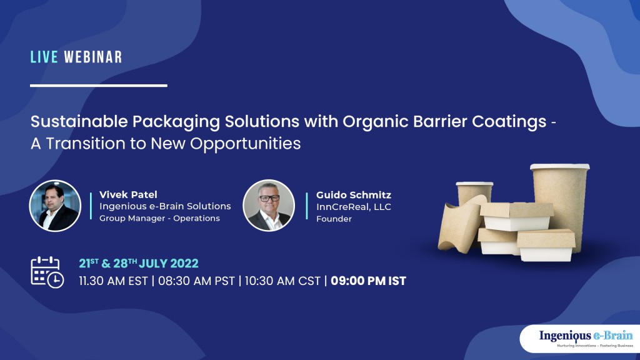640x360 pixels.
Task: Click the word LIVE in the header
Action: click(44, 57)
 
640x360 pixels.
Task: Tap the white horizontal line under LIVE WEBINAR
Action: click(98, 86)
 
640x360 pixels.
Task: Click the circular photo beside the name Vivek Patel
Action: click(55, 206)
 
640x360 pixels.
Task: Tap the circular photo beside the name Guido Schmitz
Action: click(268, 206)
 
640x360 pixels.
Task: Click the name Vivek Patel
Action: click(128, 194)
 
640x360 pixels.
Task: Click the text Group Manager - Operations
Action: click(159, 218)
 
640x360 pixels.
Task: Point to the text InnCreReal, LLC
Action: click(354, 206)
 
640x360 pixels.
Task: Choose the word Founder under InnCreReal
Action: click(334, 219)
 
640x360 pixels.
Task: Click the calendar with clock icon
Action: click(47, 272)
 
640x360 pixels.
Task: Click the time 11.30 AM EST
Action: click(114, 281)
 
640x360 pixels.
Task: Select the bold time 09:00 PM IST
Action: click(368, 281)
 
